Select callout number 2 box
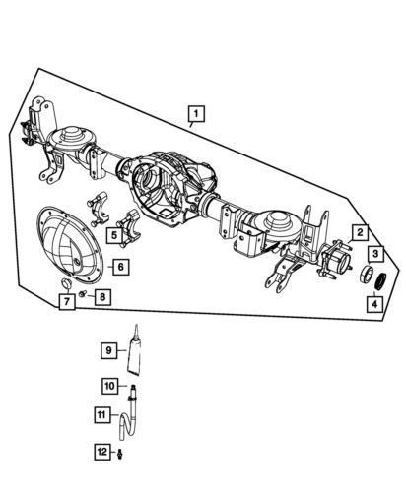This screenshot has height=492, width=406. (362, 232)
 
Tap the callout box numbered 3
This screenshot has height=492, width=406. (376, 255)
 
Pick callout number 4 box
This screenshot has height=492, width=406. (375, 305)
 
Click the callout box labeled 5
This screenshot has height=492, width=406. (115, 236)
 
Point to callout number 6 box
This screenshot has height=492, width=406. (118, 266)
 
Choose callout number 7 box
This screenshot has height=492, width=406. (65, 302)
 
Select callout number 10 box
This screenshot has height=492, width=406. (109, 386)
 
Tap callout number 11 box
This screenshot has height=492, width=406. (101, 414)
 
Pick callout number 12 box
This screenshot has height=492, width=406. (101, 452)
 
